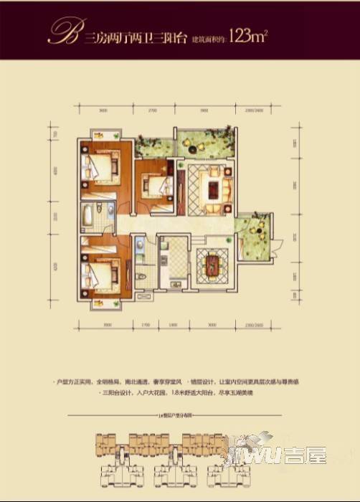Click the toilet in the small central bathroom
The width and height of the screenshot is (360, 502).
141,278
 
